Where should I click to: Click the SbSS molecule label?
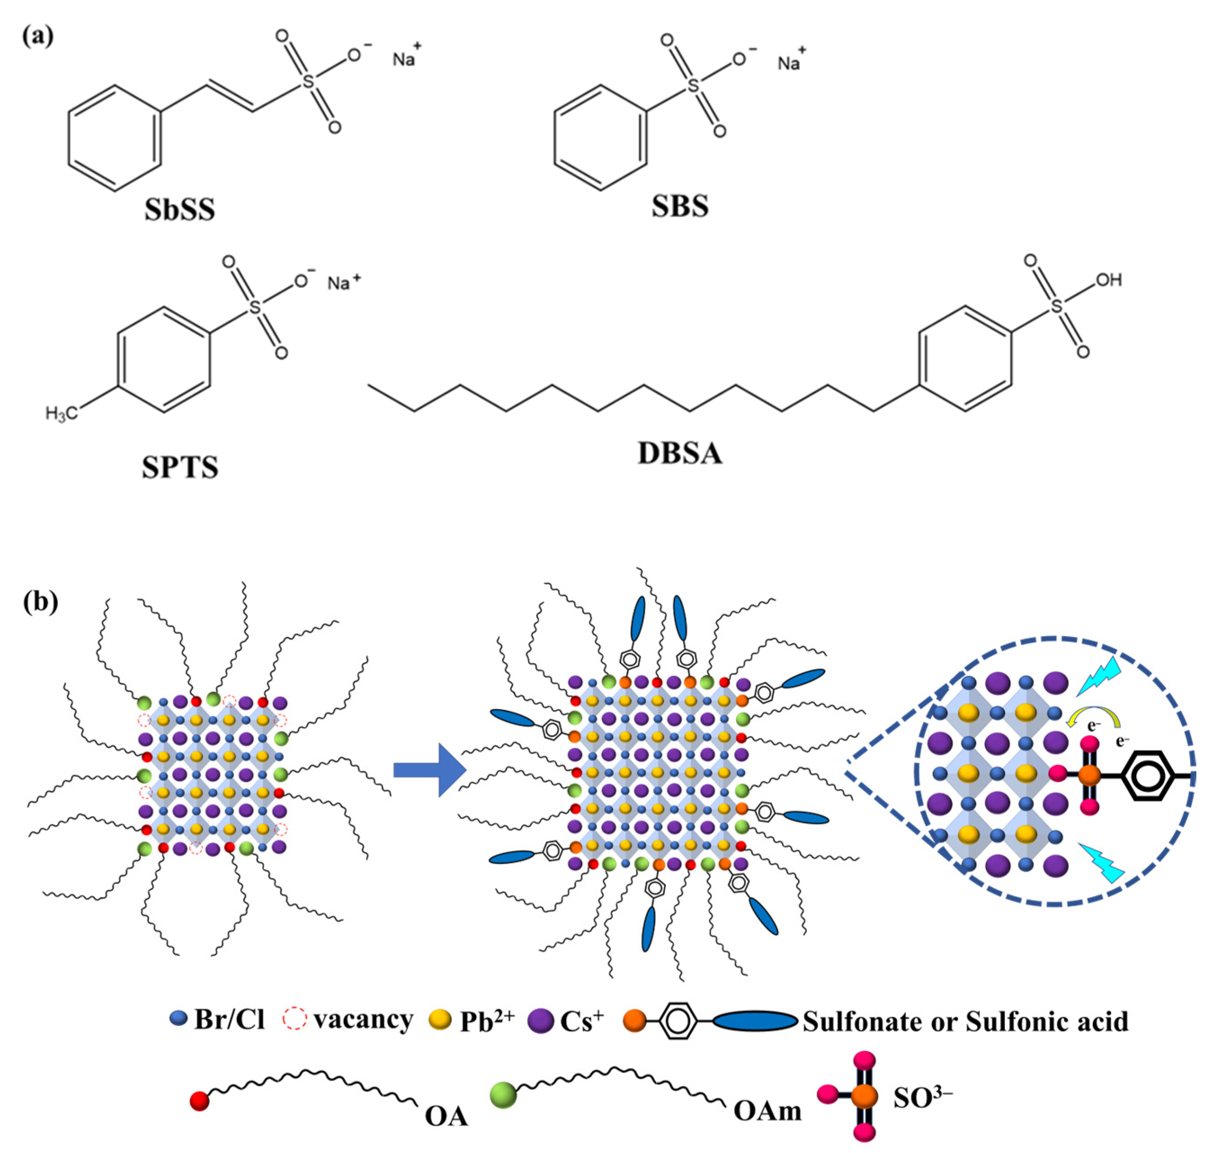[x=180, y=209]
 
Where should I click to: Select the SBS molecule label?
[x=680, y=206]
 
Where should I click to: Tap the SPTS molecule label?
[x=180, y=467]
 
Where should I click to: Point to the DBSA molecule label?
[x=680, y=453]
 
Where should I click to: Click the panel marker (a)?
[x=38, y=37]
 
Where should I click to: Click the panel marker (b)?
[x=40, y=602]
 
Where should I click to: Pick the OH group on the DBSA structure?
[x=1109, y=280]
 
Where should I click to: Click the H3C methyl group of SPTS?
[x=62, y=413]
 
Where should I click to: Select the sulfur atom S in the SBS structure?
[x=693, y=85]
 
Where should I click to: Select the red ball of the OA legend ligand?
[x=200, y=1101]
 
